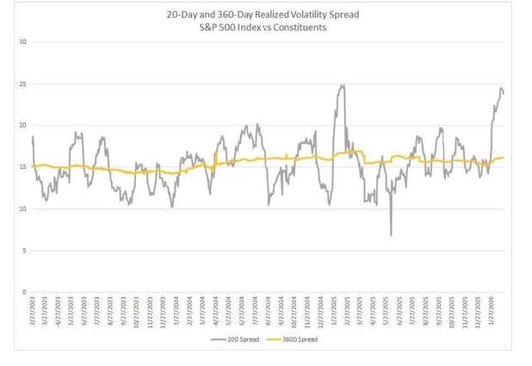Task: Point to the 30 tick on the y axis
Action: (x=23, y=42)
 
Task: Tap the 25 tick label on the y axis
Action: (x=23, y=84)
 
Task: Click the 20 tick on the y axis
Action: (x=23, y=126)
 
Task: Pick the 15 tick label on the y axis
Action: (x=23, y=167)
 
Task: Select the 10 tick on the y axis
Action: (x=23, y=209)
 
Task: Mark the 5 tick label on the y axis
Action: (x=25, y=251)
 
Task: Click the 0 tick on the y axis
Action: (x=25, y=292)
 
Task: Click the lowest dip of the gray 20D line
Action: (x=391, y=236)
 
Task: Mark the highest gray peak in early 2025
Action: (x=343, y=85)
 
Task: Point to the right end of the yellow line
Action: (x=504, y=158)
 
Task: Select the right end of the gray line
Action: (x=504, y=93)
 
